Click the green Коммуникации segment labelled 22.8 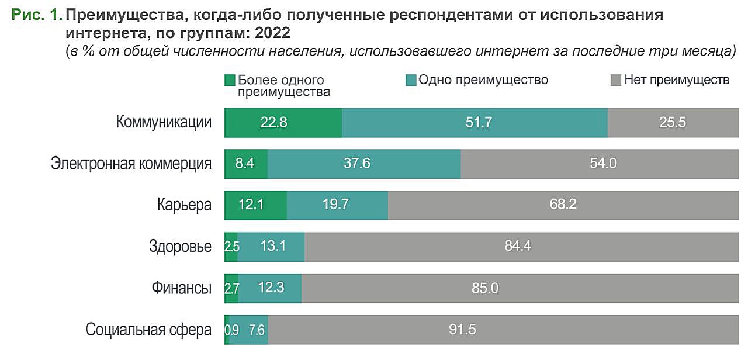283,123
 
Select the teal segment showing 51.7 475,123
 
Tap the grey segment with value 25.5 672,123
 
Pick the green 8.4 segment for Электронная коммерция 246,164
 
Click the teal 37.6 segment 364,164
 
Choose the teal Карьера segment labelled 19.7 337,205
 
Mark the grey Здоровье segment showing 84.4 521,247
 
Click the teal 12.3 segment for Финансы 270,288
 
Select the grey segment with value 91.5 503,330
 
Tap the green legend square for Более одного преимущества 230,80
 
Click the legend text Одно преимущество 483,79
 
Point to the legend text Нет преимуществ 676,79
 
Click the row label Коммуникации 164,123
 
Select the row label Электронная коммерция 131,164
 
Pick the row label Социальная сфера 148,330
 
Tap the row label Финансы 181,288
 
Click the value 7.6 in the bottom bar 257,330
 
